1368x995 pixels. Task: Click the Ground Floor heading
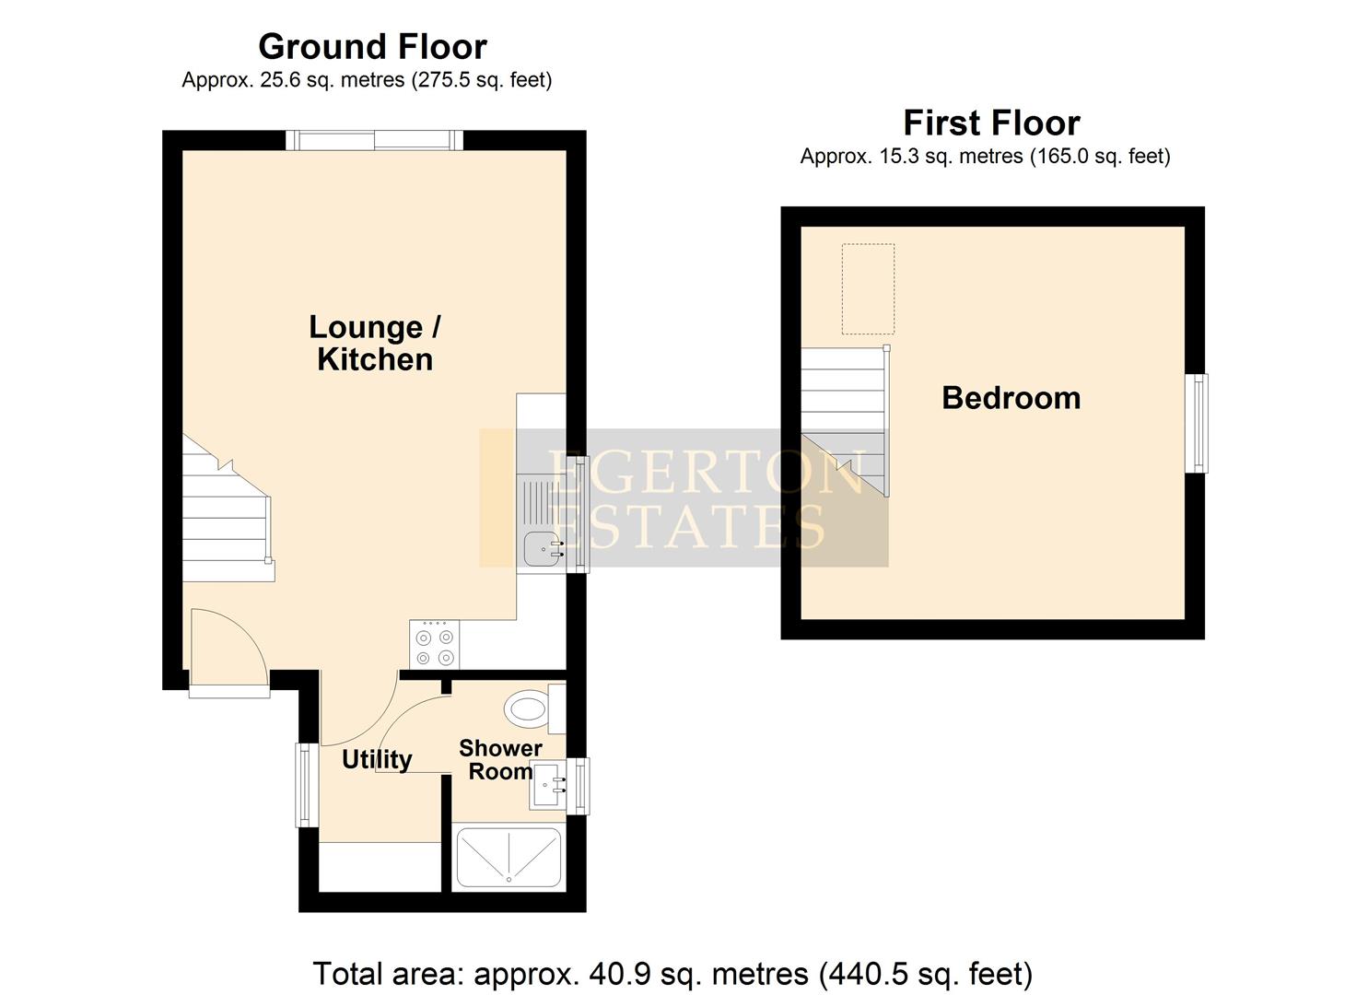(372, 46)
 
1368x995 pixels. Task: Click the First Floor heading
(991, 123)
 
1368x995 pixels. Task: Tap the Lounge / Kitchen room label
(375, 343)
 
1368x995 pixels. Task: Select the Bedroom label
(1011, 398)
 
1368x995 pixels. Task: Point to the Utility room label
(377, 759)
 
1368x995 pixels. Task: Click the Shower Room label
(500, 760)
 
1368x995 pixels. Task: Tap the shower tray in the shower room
(509, 858)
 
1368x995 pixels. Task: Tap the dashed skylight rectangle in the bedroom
(868, 289)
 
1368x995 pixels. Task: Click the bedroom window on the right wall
(1197, 424)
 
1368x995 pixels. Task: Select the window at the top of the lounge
(374, 140)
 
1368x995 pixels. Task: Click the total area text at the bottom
(672, 973)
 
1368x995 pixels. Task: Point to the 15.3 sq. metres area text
(985, 157)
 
